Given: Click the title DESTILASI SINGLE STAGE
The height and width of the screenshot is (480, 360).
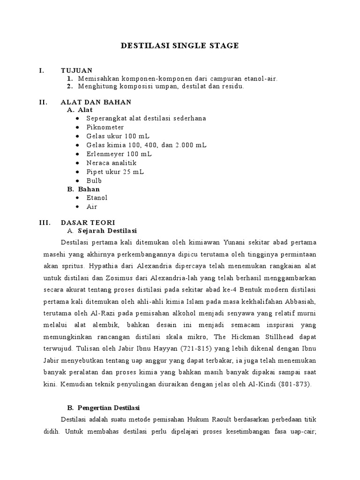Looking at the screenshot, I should pos(180,45).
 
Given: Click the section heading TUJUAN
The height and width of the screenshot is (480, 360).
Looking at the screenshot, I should pos(76,70).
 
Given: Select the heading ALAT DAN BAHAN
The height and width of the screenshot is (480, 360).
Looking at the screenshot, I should pos(96,102).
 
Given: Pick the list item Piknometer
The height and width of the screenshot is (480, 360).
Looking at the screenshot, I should pos(105,127).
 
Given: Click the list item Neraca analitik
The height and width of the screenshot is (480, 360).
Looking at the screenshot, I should pos(111,163).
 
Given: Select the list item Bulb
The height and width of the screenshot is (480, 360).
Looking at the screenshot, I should pos(94,180).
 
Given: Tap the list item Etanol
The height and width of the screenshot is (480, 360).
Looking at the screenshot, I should pos(97,198).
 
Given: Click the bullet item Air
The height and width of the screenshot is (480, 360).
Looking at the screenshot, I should pos(91,207).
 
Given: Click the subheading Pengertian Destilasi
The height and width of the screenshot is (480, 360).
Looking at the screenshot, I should pos(109,408).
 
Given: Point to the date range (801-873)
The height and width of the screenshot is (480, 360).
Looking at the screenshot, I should pos(298,384).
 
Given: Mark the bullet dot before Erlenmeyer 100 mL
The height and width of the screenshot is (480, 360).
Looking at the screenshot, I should pos(77,154).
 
